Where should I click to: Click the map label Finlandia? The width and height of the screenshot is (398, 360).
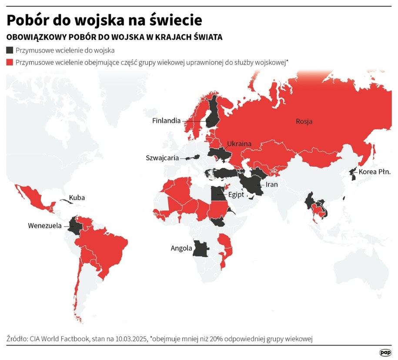tap(166, 120)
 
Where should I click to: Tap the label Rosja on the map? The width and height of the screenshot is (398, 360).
tap(304, 121)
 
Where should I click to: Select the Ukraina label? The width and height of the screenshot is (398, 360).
tap(239, 143)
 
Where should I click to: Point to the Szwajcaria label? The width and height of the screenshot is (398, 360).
tap(162, 158)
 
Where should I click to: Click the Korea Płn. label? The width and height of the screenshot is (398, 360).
tap(375, 172)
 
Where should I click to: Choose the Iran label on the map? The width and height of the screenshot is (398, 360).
tap(268, 184)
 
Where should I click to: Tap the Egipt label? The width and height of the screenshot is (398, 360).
tap(236, 195)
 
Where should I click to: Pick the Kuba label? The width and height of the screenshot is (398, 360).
tap(77, 197)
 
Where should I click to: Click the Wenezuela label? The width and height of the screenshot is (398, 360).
tap(45, 226)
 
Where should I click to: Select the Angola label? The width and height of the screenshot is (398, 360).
tap(181, 248)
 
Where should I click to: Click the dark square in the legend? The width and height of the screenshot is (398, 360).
tap(10, 50)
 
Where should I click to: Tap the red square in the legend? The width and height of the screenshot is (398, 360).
tap(10, 62)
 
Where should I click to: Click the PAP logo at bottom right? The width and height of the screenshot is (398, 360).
tap(385, 352)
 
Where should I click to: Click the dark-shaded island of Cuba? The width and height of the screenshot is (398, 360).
tap(65, 200)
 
